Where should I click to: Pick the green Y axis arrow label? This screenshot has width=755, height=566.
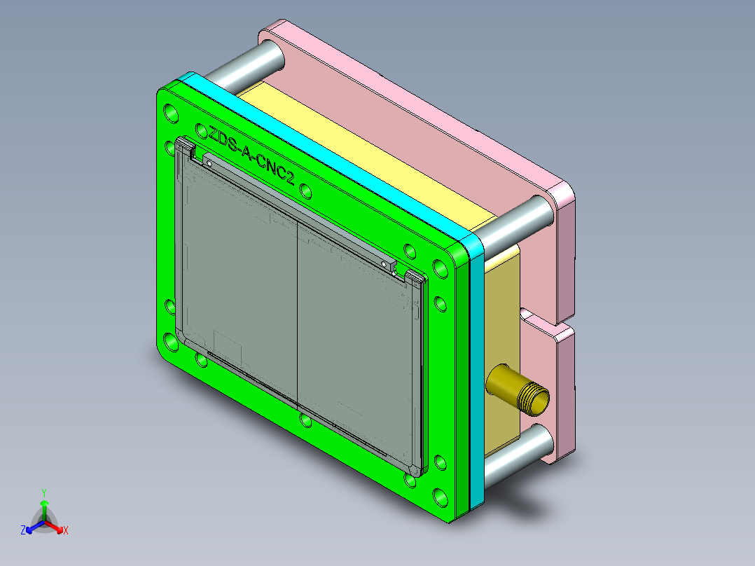(44, 492)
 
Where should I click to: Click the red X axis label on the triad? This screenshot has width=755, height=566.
(66, 530)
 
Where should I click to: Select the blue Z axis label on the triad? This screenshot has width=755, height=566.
(23, 530)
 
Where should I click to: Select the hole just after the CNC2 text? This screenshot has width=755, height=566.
(305, 191)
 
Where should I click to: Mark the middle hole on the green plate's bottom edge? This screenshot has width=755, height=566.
(305, 420)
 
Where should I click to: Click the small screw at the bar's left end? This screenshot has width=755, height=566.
(208, 162)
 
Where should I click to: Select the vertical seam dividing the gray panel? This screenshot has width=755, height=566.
(297, 315)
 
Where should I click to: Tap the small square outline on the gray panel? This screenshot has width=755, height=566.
(226, 345)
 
